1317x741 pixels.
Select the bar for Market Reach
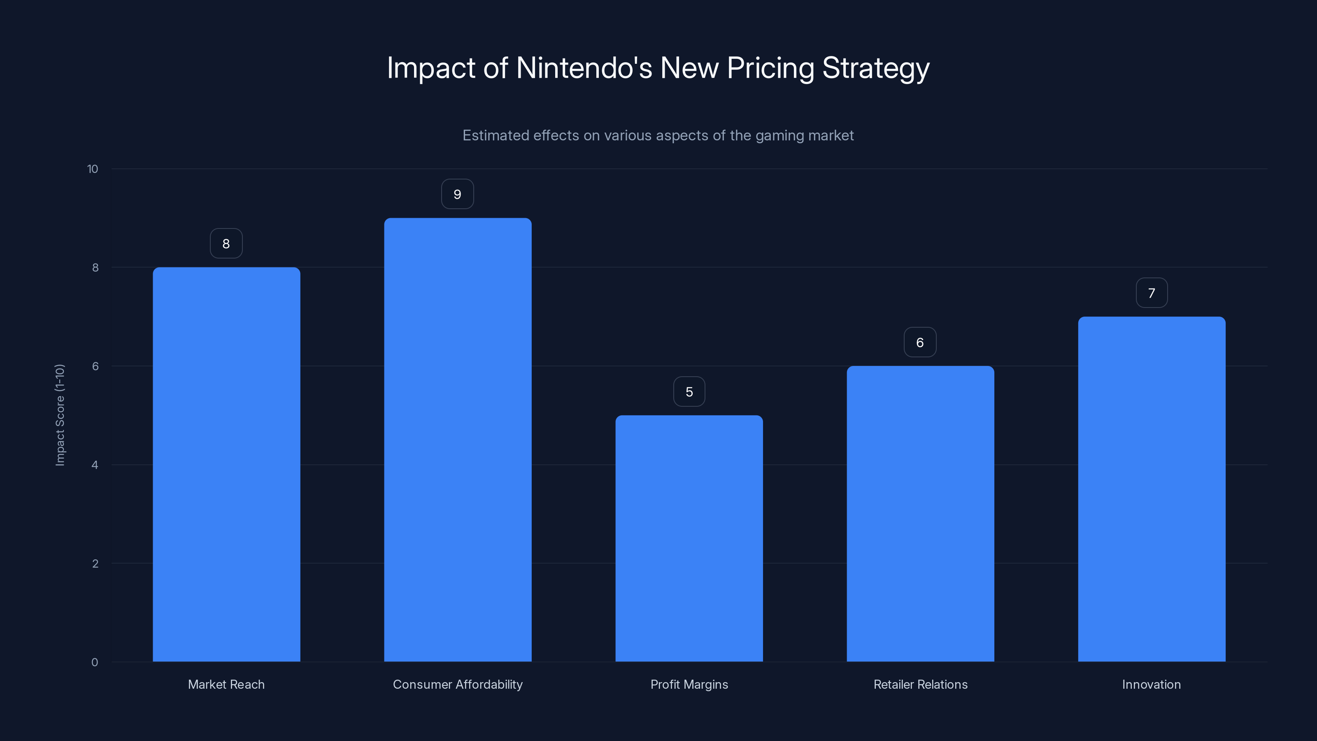pos(226,464)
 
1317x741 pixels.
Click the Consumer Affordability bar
pos(458,440)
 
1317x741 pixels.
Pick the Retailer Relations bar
pos(920,513)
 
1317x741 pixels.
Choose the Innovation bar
pos(1152,489)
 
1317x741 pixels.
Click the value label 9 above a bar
pos(458,194)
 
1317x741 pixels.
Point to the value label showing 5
pos(689,392)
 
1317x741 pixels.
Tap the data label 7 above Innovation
pos(1152,293)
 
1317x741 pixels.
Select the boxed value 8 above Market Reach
pos(226,243)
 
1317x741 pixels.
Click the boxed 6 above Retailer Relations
pos(920,342)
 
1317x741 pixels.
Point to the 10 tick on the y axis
pos(93,169)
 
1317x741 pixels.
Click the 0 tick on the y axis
pos(95,662)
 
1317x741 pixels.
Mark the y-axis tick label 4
pos(95,465)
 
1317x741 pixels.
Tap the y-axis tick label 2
pos(95,564)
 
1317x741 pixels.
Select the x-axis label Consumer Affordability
pos(458,684)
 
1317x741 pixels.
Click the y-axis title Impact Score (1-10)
pos(60,415)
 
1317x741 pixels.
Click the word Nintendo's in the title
pos(584,68)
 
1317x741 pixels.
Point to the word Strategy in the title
pos(875,68)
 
